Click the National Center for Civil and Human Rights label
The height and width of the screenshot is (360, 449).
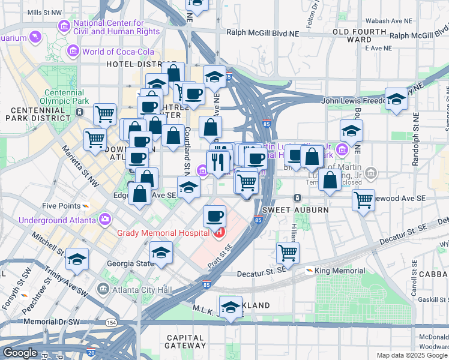pos(116,28)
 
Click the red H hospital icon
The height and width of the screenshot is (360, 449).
pos(220,233)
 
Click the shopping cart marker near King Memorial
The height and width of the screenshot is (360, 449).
pos(288,253)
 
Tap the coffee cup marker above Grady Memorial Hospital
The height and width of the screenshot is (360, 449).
pos(214,215)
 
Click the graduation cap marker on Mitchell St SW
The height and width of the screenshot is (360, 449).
pos(77,259)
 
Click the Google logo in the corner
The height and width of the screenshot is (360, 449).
pos(20,352)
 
